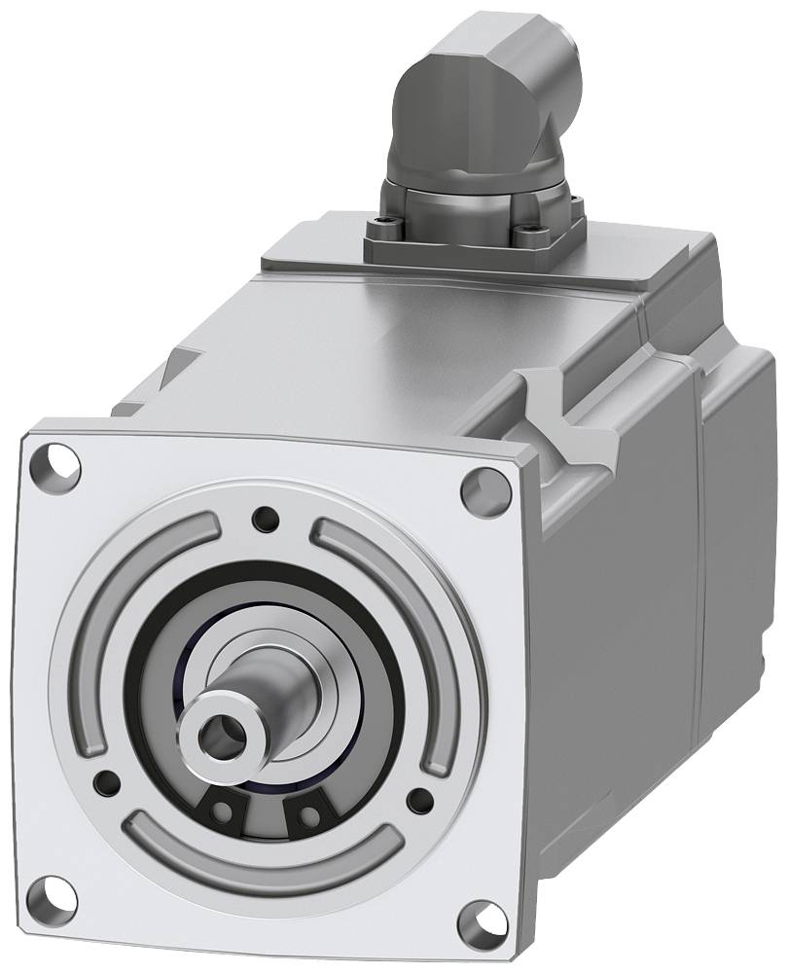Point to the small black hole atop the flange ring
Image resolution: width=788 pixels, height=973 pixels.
tap(263, 520)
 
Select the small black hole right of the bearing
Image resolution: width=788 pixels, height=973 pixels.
tap(420, 802)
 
